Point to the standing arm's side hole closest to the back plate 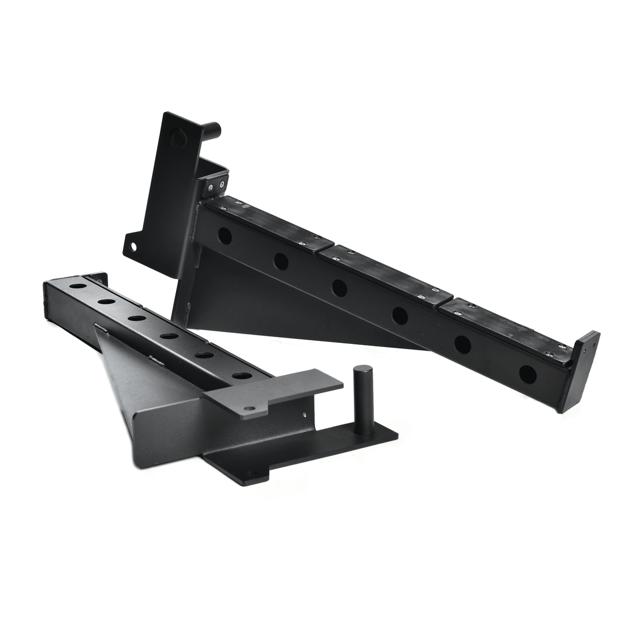click(225, 236)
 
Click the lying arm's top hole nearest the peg click(239, 375)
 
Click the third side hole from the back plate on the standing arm click(339, 287)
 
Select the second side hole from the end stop click(462, 343)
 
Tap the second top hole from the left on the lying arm click(106, 301)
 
